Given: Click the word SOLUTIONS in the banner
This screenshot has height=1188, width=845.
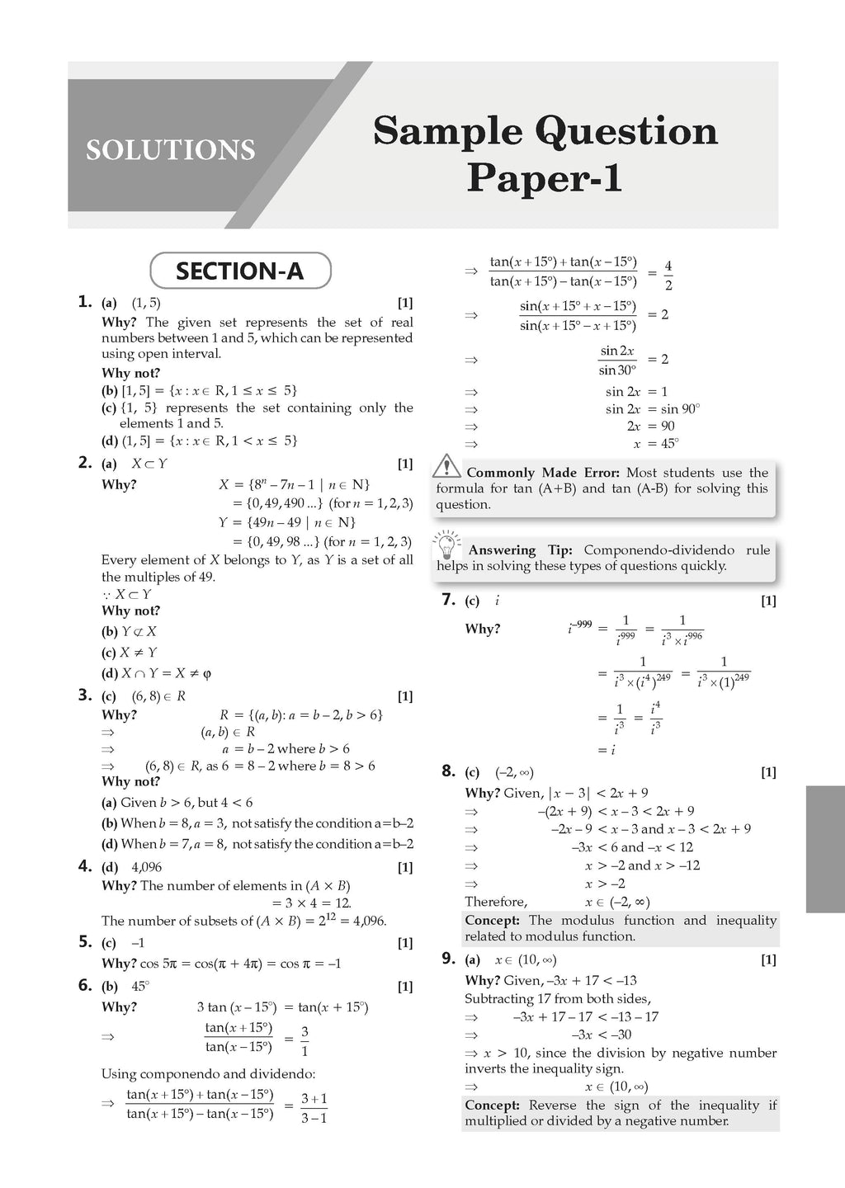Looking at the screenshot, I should click(171, 150).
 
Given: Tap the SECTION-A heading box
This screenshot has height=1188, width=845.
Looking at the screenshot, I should click(240, 271).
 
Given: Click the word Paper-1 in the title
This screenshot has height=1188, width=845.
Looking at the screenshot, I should click(544, 178).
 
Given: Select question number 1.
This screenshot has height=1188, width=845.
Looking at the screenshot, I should click(84, 302).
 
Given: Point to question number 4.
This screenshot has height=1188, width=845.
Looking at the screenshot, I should click(84, 865).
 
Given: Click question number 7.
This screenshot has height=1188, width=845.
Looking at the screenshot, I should click(448, 600).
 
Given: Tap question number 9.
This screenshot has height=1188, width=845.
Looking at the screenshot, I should click(448, 958).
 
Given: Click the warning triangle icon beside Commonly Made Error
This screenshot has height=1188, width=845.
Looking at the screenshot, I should click(446, 466).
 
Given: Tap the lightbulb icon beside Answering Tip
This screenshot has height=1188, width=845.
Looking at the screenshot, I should click(446, 545).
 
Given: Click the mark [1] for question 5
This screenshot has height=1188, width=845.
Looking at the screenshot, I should click(405, 943).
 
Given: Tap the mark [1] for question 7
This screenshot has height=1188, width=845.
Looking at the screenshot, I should click(768, 601).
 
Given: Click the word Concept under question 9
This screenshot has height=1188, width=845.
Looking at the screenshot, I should click(491, 1105).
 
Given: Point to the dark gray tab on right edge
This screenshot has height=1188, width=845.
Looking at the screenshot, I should click(824, 849).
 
